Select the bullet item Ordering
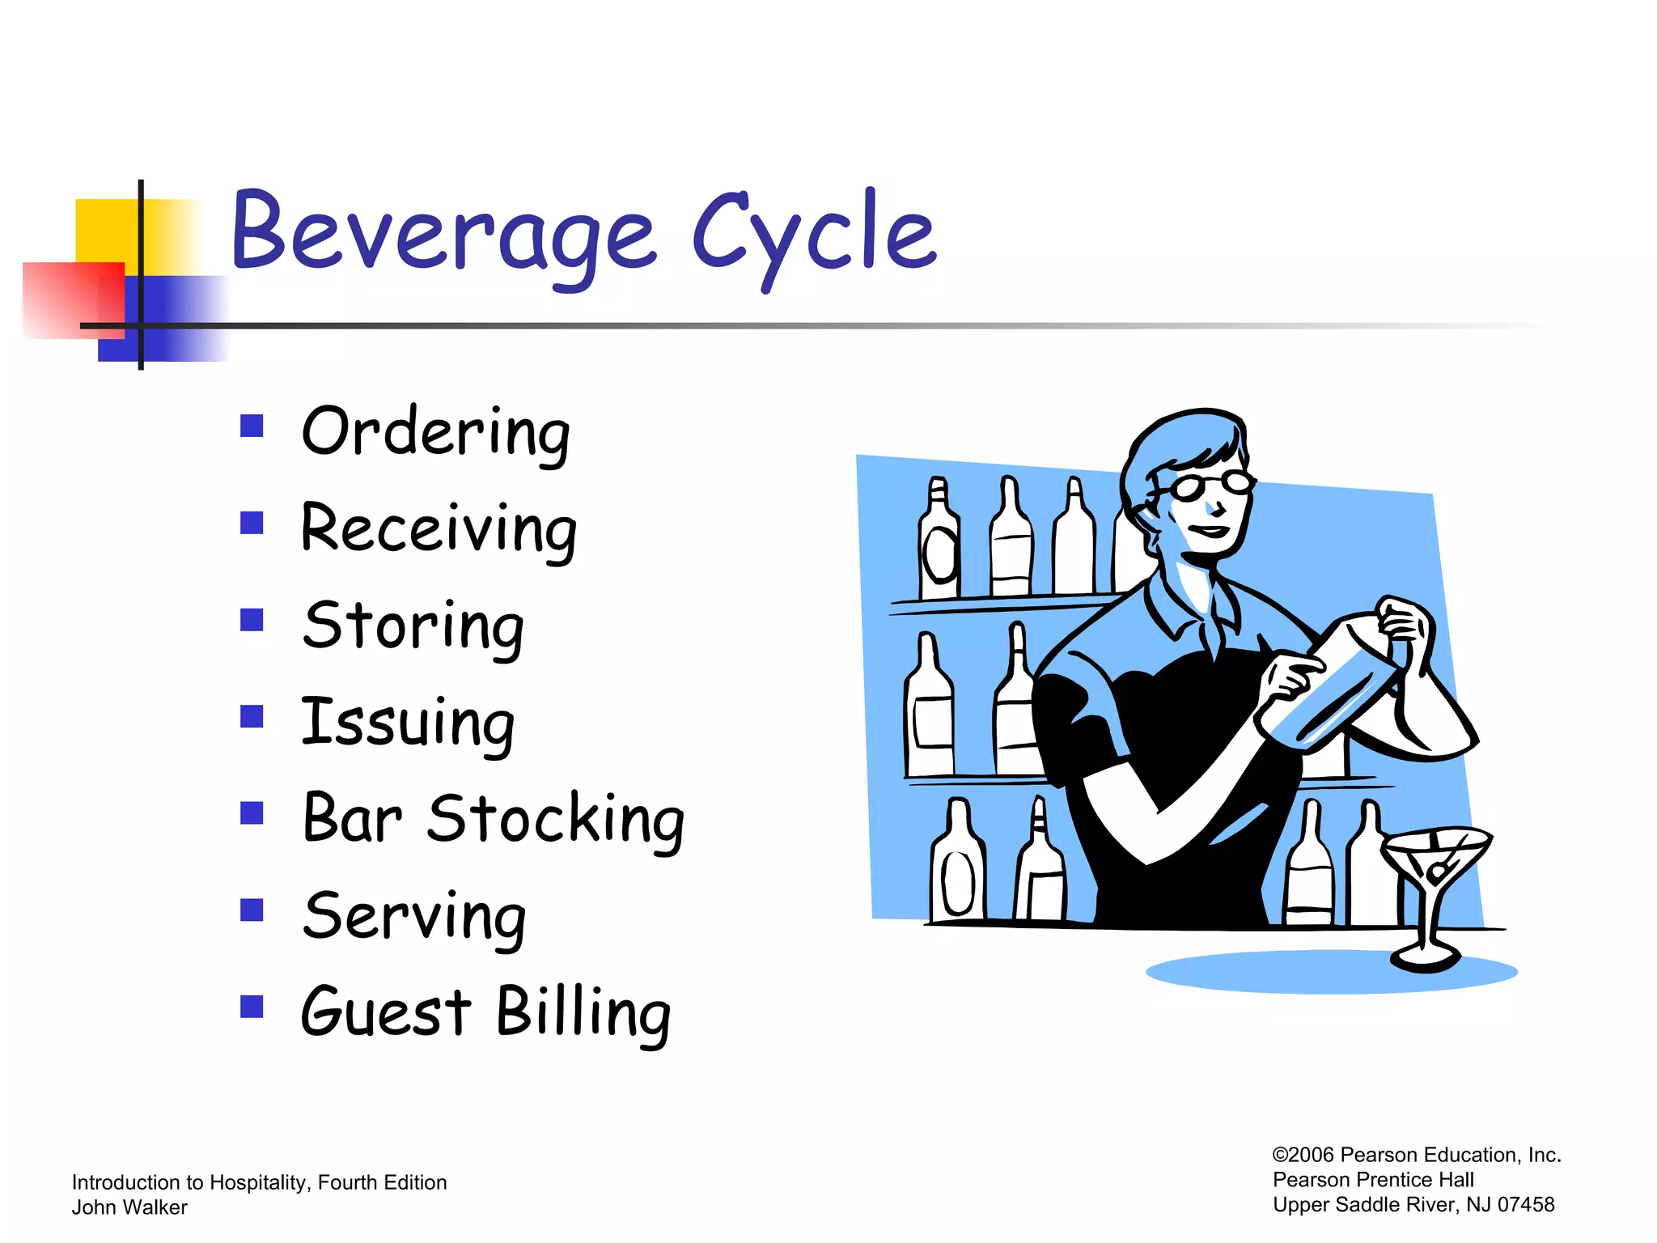click(435, 433)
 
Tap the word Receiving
click(439, 530)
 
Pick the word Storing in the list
click(413, 627)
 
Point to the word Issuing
click(408, 723)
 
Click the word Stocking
click(556, 819)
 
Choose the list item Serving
click(414, 916)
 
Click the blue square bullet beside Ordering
click(252, 426)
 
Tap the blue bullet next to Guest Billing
click(252, 1006)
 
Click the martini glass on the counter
click(1433, 890)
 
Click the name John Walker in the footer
click(129, 1207)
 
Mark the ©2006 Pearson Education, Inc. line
click(1416, 1155)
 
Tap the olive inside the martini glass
click(1438, 872)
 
